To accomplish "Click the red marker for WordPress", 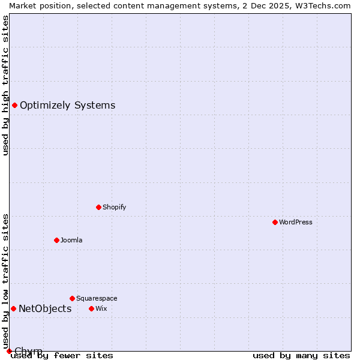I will [275, 222].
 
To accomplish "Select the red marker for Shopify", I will [98, 207].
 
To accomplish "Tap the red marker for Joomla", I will [56, 240].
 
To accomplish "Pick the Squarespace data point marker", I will [72, 298].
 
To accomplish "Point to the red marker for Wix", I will [91, 308].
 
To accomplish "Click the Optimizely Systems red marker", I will [14, 106].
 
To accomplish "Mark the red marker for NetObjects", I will [13, 308].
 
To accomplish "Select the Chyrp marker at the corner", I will [9, 351].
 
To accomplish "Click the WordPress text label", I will [296, 222].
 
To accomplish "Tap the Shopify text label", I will [114, 207].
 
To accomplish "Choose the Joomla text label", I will [71, 240].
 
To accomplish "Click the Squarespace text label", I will [97, 298].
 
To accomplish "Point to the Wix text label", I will [101, 308].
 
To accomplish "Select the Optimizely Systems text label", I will [67, 106].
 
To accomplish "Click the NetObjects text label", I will [45, 308].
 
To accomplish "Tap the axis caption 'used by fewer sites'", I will [62, 356].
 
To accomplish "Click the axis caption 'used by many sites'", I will [301, 356].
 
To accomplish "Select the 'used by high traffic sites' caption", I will [5, 85].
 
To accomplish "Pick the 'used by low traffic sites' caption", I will [5, 281].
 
